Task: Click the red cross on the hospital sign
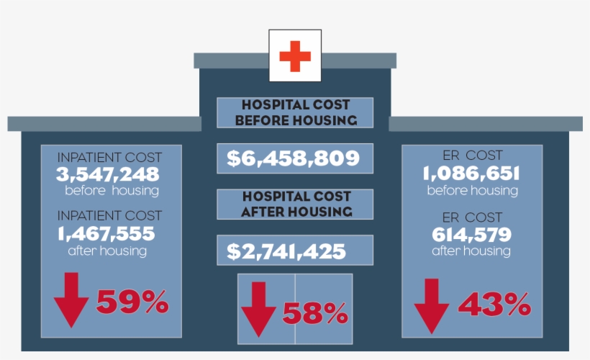tap(295, 56)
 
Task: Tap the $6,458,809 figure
tap(293, 158)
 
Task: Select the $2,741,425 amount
tap(286, 251)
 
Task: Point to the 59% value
tap(132, 302)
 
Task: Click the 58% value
tap(315, 313)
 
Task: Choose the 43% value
tap(494, 305)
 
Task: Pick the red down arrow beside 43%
tap(432, 305)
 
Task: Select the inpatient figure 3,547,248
tap(108, 174)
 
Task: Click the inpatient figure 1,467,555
tap(106, 233)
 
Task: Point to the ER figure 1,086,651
tap(471, 173)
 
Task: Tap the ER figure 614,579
tap(471, 234)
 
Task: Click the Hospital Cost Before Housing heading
tap(295, 113)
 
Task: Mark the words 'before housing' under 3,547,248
tap(112, 191)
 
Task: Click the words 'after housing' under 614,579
tap(471, 251)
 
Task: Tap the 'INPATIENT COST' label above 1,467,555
tap(109, 215)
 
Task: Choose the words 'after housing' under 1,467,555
tap(107, 251)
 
